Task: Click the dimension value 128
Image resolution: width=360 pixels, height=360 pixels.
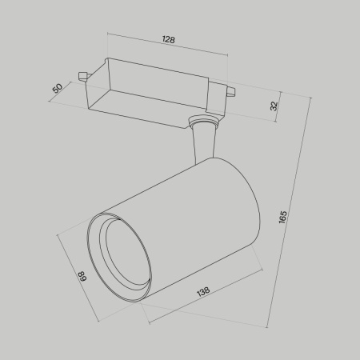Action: (168, 38)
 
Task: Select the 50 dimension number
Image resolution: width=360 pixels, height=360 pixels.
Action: (57, 87)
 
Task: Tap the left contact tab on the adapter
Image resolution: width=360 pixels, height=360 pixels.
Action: (82, 77)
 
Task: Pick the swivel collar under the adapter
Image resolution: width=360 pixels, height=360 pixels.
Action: (202, 122)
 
